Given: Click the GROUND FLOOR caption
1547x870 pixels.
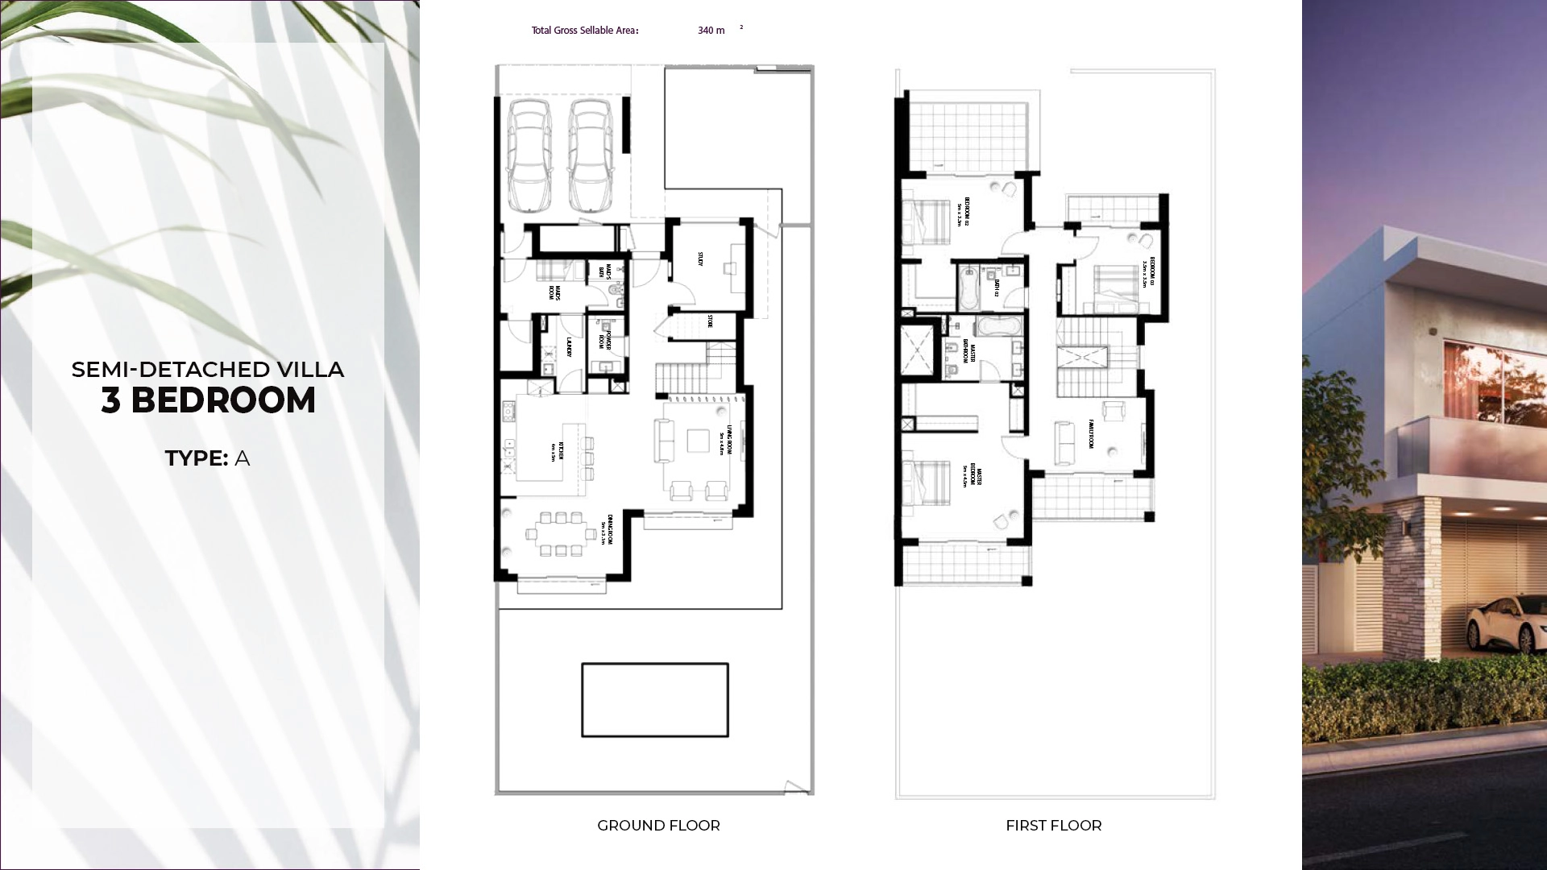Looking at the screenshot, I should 658,826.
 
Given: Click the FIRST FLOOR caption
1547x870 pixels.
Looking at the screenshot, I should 1053,826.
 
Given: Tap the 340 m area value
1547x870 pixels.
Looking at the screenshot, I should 711,31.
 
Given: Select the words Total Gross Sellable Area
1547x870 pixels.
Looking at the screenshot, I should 584,31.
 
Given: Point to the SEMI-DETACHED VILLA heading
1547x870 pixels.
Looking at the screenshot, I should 208,370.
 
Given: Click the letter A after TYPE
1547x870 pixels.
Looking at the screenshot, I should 242,458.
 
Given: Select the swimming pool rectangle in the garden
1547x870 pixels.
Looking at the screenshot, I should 654,699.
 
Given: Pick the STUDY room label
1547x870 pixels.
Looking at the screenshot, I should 700,259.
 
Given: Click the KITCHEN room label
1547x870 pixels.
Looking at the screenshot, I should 558,451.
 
